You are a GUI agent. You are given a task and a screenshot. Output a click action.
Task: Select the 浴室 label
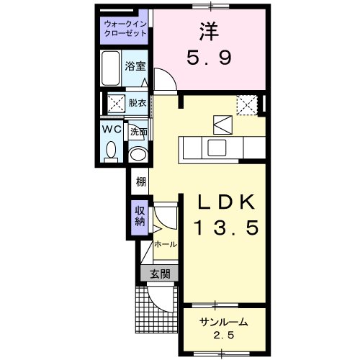pos(135,66)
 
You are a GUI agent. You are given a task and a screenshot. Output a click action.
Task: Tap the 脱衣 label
pos(137,103)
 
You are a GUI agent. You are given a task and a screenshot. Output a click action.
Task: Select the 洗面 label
pos(138,132)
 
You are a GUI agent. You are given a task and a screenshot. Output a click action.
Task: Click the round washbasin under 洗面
pos(137,154)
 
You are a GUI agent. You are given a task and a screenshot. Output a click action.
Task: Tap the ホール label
pos(165,244)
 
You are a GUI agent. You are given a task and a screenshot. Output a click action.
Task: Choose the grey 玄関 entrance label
pos(159,273)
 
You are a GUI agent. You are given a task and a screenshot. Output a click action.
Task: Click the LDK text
pos(222,201)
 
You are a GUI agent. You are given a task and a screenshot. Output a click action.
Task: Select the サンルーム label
pos(223,322)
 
